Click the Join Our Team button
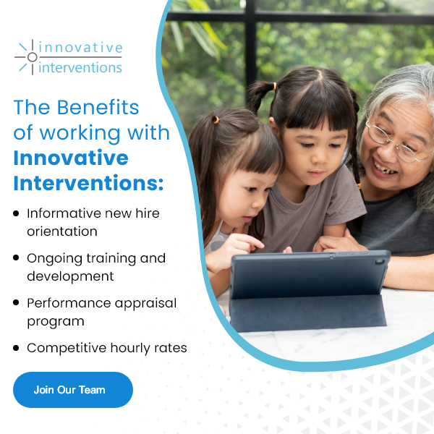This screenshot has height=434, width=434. [73, 390]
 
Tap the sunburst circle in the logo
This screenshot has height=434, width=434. [32, 57]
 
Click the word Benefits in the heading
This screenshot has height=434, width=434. [98, 107]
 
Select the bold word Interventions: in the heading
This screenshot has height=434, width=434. [88, 183]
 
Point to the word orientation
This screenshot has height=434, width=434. [62, 231]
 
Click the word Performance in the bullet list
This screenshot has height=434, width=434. [69, 303]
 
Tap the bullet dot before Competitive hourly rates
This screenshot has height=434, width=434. [16, 348]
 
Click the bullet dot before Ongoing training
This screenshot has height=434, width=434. [16, 258]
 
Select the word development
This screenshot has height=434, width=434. [70, 277]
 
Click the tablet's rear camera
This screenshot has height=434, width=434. [379, 262]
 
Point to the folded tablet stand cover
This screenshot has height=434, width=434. [307, 312]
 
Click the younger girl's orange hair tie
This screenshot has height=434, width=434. [216, 120]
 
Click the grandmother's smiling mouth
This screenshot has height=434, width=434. [384, 168]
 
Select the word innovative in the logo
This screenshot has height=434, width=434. [80, 48]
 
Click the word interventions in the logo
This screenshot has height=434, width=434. [80, 67]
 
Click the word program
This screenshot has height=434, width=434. [56, 322]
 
